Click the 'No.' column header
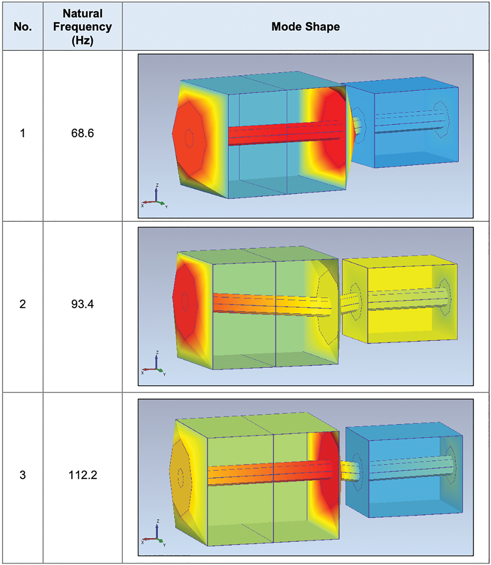tap(23, 27)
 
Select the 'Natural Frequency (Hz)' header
tap(82, 27)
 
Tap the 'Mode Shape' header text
tap(305, 27)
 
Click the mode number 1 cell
tap(23, 133)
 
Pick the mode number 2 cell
tap(23, 304)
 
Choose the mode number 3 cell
tap(23, 475)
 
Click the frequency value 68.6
tap(82, 133)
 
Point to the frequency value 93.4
tap(82, 304)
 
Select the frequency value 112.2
tap(82, 475)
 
